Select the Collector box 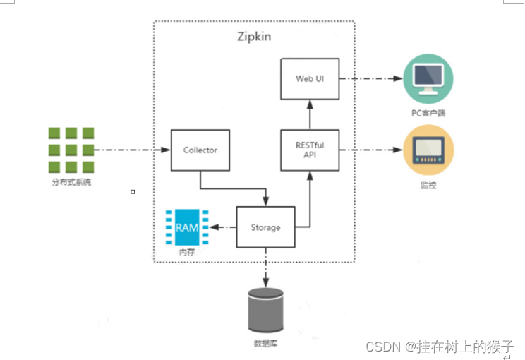[x=200, y=150]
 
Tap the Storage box [x=265, y=227]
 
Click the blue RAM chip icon [x=186, y=227]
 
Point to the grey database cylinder [x=266, y=311]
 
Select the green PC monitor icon [x=428, y=78]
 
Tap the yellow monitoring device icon [x=428, y=150]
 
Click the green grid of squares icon [x=71, y=150]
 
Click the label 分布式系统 [x=71, y=183]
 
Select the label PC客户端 [x=428, y=112]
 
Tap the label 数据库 [x=265, y=344]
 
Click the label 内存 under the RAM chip [x=186, y=251]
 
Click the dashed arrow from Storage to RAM [x=223, y=227]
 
